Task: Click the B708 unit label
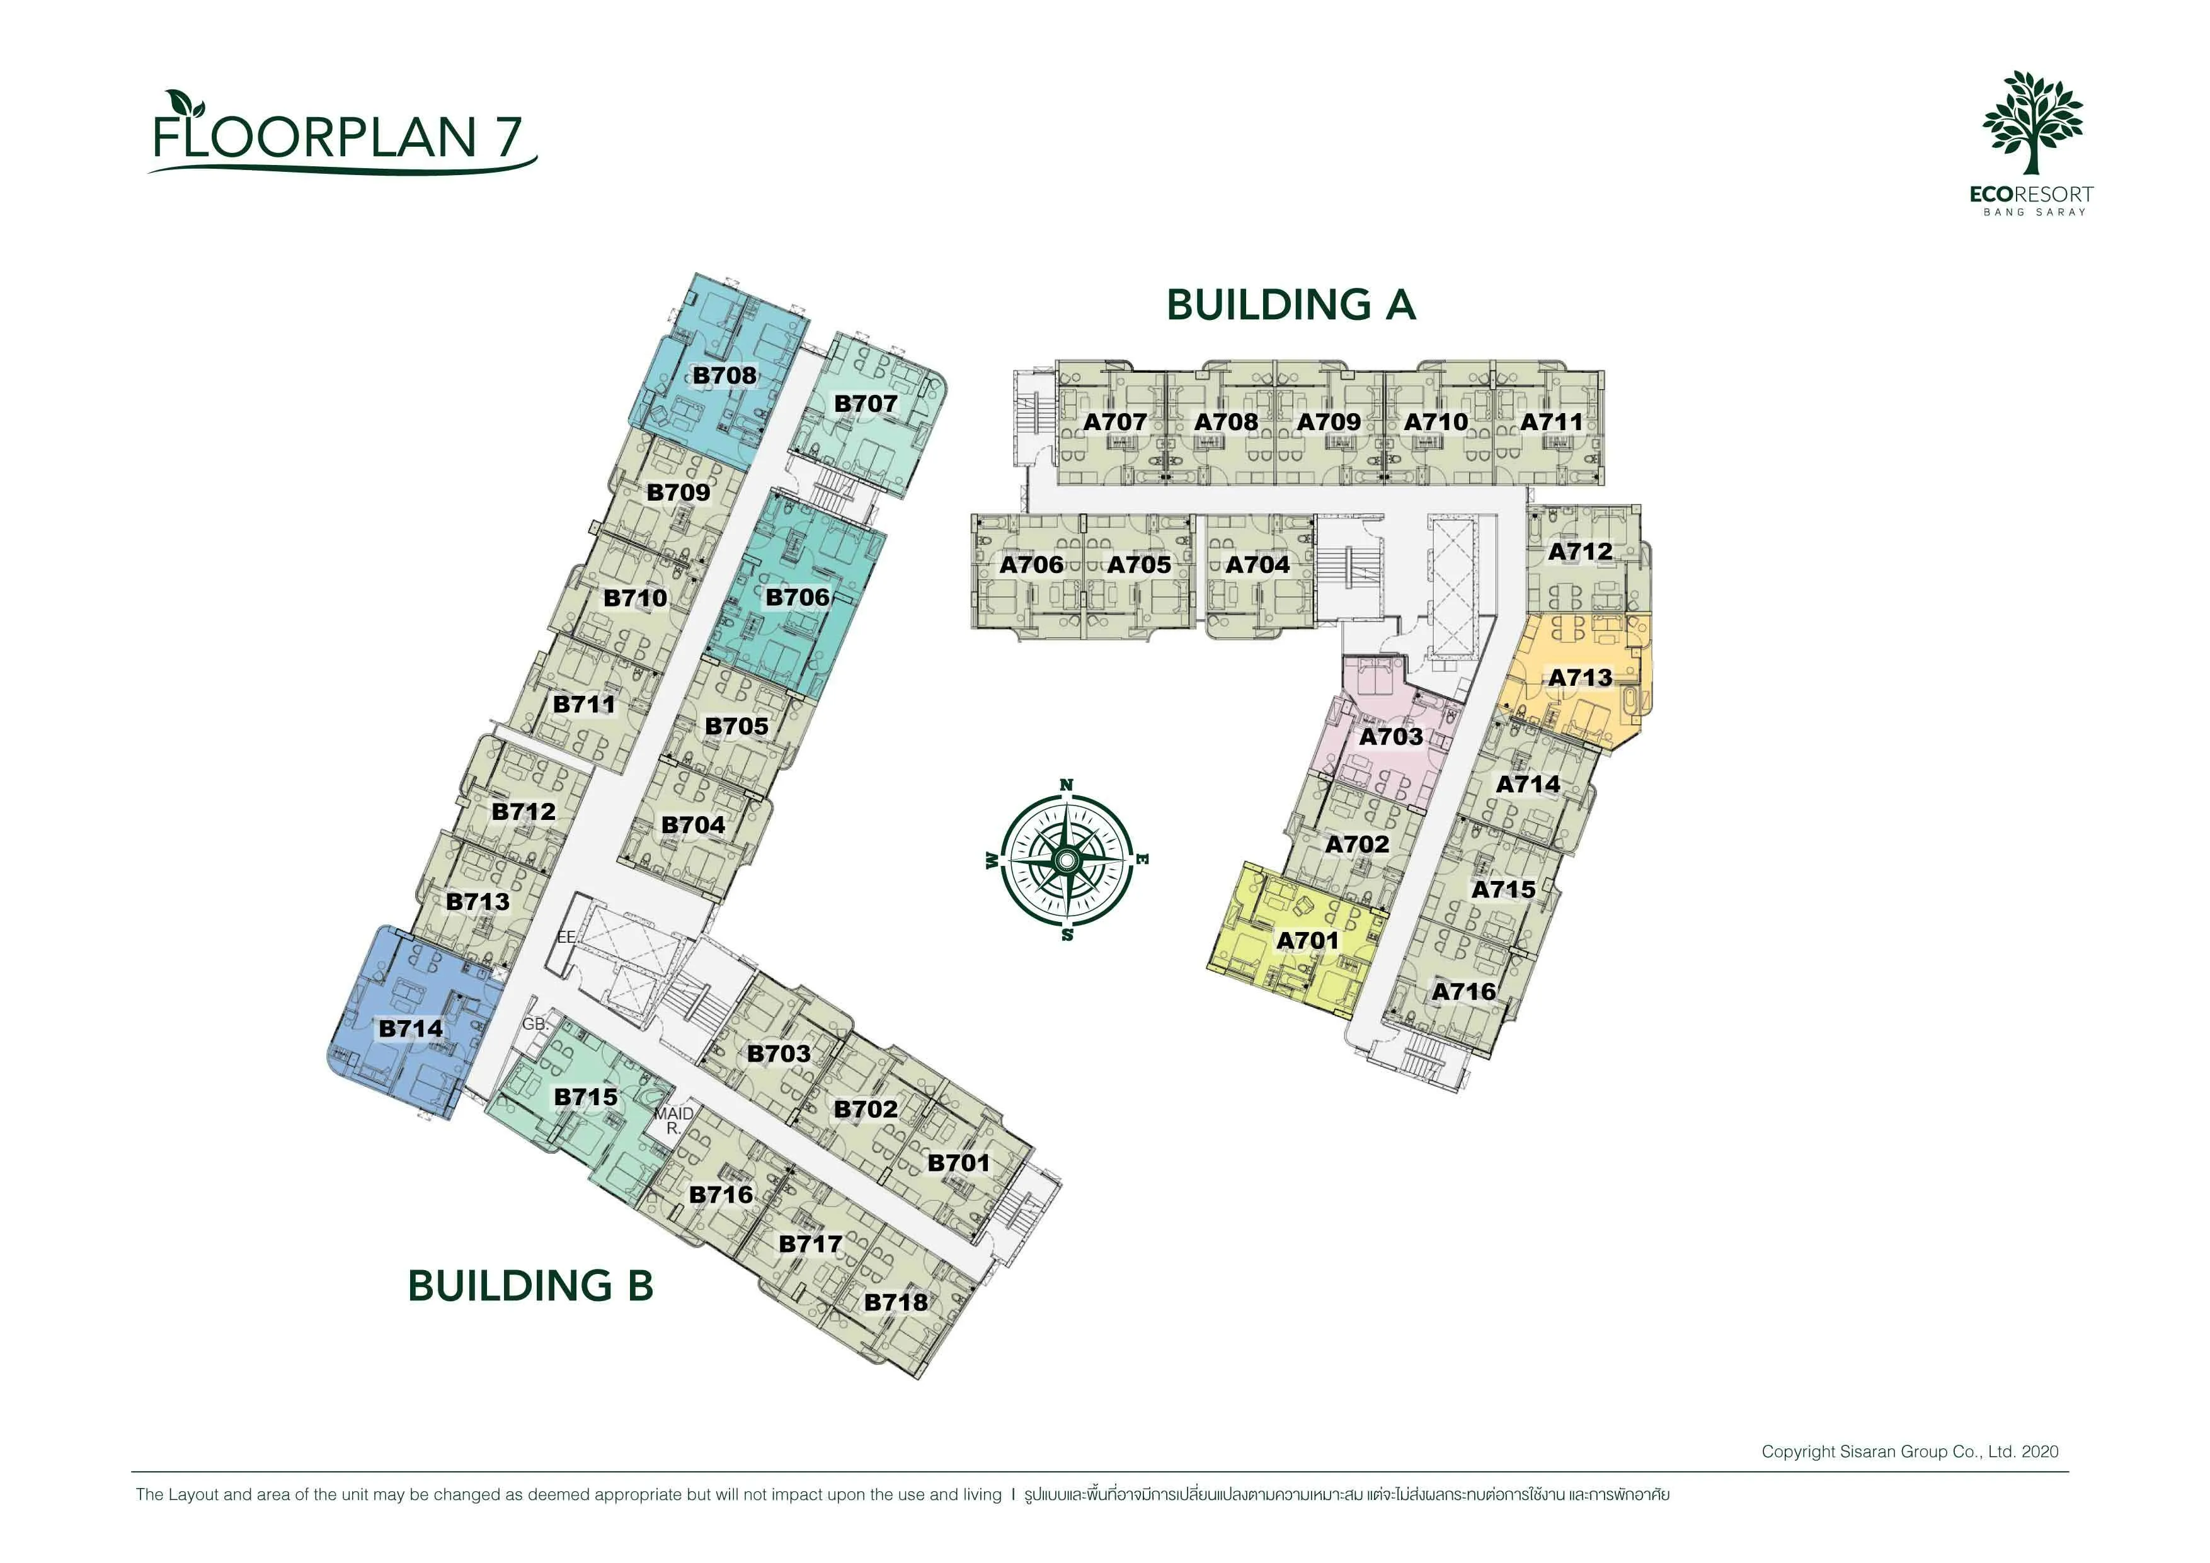(724, 375)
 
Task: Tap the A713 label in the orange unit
(1579, 678)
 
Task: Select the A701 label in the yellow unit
(1307, 940)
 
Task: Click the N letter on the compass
(1067, 785)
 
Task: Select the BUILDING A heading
(1291, 305)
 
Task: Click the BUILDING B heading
(530, 1286)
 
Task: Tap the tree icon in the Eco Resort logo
(2032, 122)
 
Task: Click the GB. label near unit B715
(535, 1024)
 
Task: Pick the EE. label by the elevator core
(567, 936)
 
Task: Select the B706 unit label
(797, 598)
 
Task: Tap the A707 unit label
(1114, 421)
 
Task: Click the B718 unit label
(896, 1302)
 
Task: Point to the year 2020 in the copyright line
(2040, 1452)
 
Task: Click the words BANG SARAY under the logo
(2034, 212)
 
